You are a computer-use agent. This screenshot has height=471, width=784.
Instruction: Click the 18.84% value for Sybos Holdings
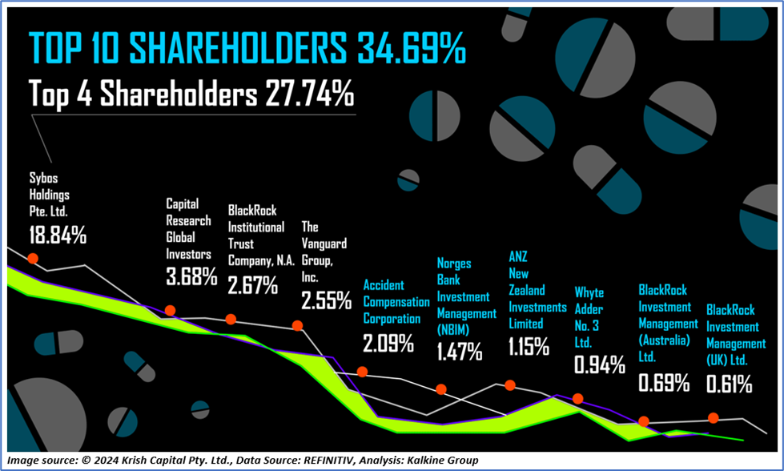tap(58, 235)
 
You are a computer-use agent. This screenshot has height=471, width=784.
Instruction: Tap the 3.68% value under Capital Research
tap(191, 277)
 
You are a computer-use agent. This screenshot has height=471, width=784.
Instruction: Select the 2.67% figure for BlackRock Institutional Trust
tap(253, 284)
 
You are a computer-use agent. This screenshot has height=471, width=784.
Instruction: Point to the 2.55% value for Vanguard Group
tap(326, 300)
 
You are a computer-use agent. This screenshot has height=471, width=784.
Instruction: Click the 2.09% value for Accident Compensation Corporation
tap(388, 344)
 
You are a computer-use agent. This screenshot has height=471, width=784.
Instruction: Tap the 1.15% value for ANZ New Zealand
tap(529, 347)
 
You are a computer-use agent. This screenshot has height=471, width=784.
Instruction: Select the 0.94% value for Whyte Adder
tap(600, 365)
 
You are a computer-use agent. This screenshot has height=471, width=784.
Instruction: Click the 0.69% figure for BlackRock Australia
tap(664, 382)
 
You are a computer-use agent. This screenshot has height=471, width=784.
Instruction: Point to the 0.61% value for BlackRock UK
tap(729, 384)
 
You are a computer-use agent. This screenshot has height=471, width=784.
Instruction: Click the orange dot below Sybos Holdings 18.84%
tap(33, 258)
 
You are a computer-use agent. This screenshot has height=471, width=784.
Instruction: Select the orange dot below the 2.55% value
tap(297, 325)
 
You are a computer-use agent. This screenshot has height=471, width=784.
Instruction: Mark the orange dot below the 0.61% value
tap(713, 417)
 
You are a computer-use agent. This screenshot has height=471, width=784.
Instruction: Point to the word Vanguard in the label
tap(324, 244)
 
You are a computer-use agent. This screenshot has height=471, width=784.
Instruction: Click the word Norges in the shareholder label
tap(454, 264)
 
